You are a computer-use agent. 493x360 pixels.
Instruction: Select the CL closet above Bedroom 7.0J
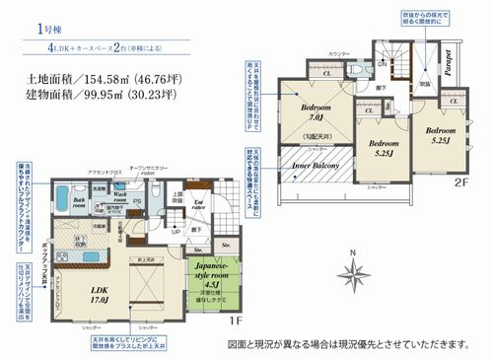coord(326,72)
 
